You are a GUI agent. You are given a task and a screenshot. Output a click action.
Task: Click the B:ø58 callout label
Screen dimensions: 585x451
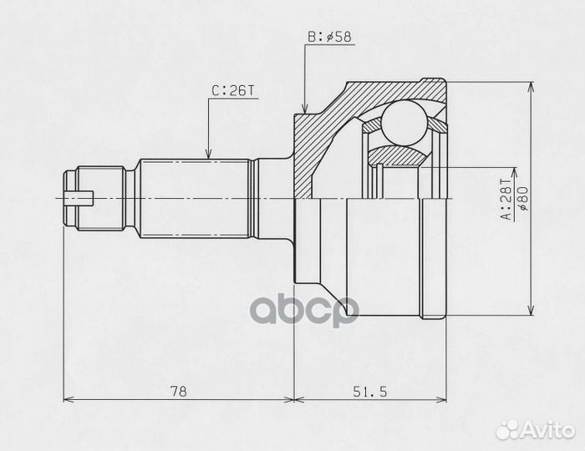click(329, 37)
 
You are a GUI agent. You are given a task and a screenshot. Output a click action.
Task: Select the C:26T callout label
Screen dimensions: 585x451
click(233, 90)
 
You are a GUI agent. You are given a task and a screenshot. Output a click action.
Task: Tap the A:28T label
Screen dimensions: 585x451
click(507, 199)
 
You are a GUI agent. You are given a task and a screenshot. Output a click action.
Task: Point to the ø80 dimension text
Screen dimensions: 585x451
click(523, 199)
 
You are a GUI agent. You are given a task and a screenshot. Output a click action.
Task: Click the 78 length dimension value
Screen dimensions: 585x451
click(178, 392)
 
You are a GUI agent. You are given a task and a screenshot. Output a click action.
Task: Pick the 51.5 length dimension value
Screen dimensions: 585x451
click(370, 392)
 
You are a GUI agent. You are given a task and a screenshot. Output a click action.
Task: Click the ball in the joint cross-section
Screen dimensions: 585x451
click(404, 122)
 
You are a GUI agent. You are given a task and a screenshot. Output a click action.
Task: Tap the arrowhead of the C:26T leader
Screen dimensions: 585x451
click(209, 154)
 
